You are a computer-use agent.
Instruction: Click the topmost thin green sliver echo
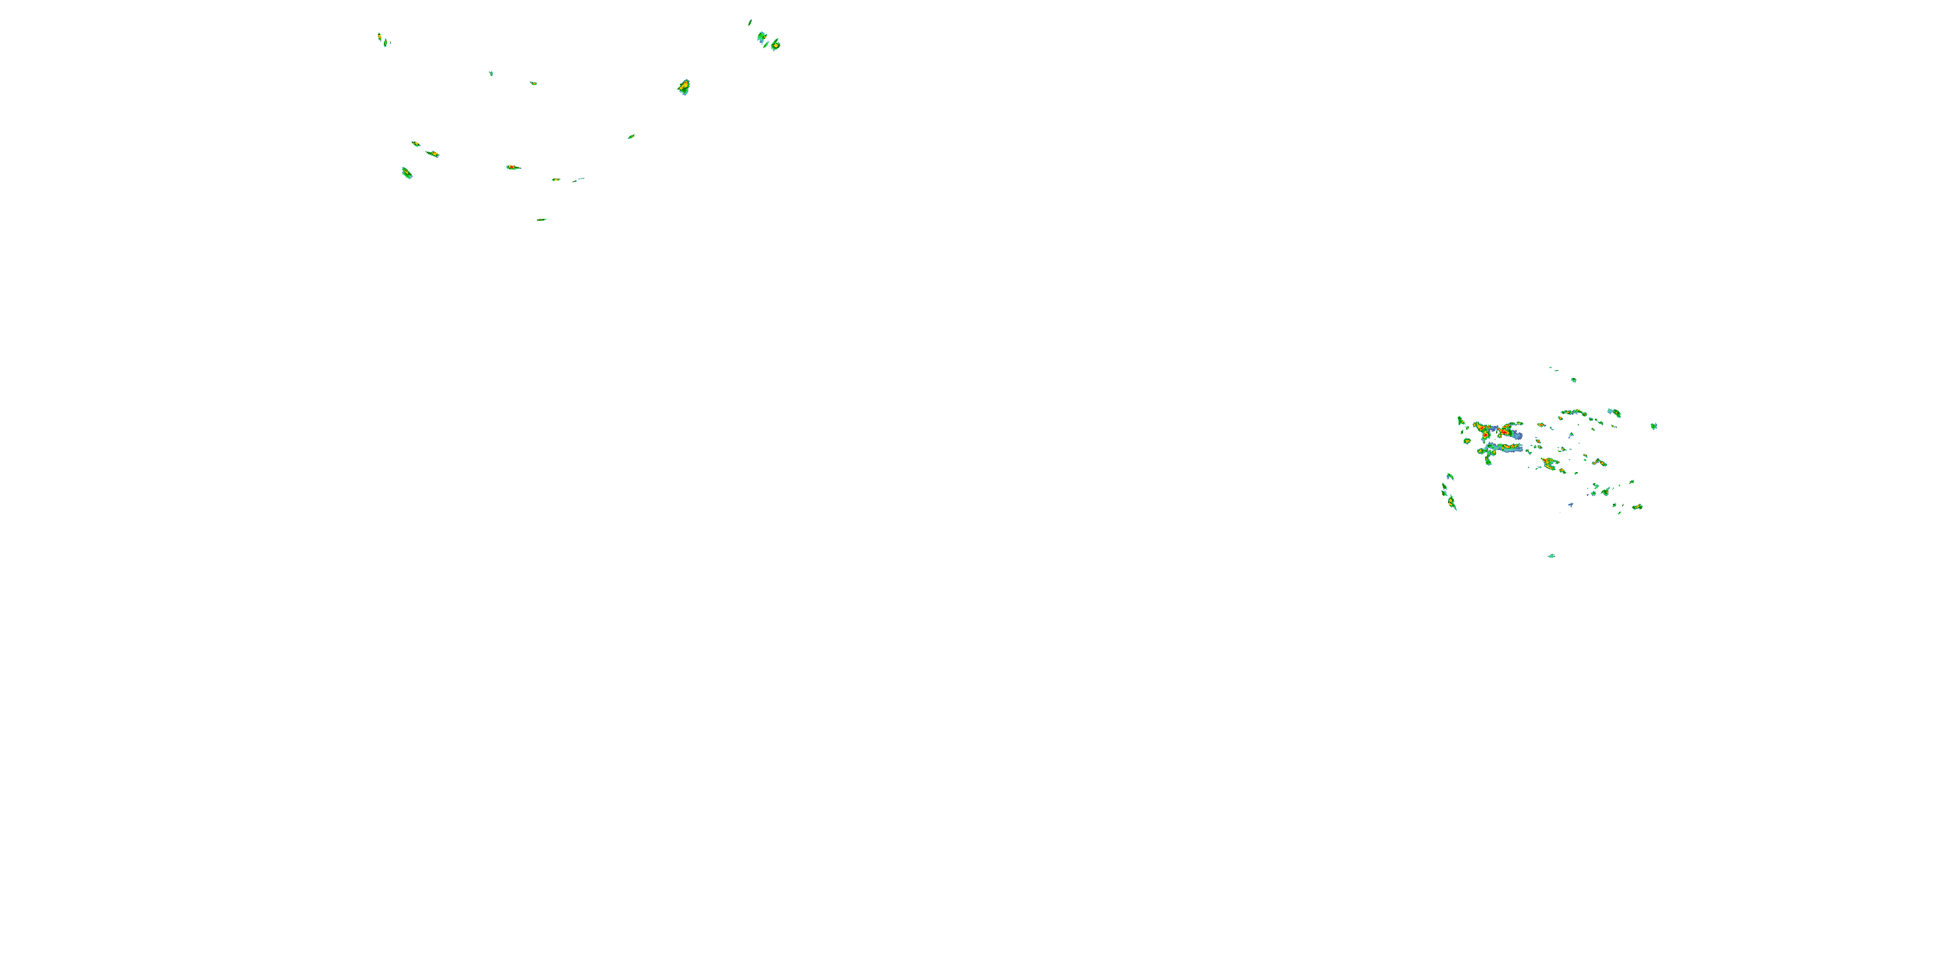(x=750, y=22)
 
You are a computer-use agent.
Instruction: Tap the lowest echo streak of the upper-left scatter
(x=542, y=219)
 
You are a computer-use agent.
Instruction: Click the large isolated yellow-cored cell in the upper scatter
(x=684, y=86)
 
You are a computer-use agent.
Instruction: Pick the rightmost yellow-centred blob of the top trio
(x=775, y=45)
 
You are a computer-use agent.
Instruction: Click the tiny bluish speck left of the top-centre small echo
(x=491, y=73)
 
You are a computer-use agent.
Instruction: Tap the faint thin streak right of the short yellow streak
(x=579, y=179)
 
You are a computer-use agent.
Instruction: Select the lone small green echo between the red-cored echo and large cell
(x=631, y=137)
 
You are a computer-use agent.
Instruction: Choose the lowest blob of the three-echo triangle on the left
(x=406, y=173)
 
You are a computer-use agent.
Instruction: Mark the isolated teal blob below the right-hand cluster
(x=1551, y=556)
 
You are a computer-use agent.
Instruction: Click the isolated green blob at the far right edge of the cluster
(x=1654, y=426)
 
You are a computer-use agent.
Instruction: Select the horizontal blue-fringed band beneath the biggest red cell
(x=1501, y=449)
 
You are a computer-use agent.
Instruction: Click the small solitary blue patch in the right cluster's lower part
(x=1571, y=505)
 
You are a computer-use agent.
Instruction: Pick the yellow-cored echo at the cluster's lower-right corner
(x=1637, y=506)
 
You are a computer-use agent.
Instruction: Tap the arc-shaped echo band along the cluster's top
(x=1573, y=412)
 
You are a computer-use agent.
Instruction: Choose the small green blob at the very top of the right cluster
(x=1574, y=380)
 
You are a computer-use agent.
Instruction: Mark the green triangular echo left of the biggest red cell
(x=1461, y=421)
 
